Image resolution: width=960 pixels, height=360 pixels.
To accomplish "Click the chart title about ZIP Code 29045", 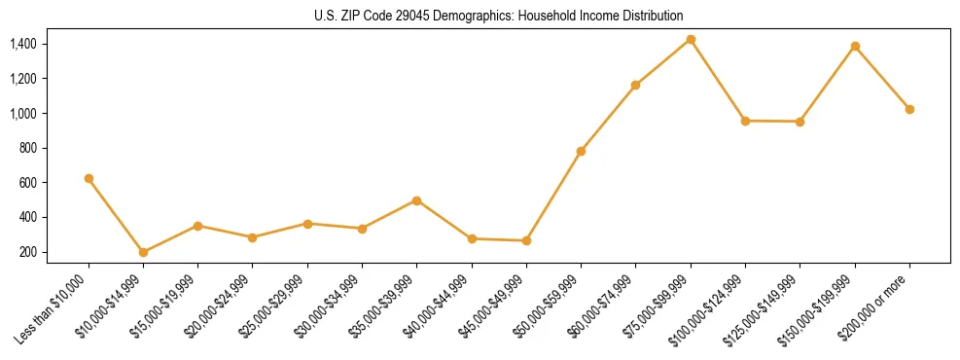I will tap(499, 16).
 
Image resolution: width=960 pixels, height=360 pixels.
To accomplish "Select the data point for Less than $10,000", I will tap(89, 178).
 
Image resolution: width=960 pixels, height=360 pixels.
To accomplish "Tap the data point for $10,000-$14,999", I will tap(143, 252).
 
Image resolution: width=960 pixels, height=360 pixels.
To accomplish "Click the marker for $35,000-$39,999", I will tap(416, 200).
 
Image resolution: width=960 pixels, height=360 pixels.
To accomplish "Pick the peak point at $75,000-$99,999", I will tap(691, 39).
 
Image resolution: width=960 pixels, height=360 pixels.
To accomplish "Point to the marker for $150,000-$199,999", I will tap(855, 46).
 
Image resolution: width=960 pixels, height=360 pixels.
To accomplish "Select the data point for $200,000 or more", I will tap(909, 109).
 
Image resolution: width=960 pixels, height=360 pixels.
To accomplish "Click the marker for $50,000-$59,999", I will tap(581, 151).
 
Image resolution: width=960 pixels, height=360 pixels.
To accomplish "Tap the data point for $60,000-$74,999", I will tap(635, 85).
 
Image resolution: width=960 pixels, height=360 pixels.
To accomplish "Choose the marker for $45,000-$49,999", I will tap(526, 240).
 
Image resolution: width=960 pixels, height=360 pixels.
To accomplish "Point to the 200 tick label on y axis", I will tap(27, 252).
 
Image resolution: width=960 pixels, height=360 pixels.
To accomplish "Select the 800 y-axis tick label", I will tap(27, 148).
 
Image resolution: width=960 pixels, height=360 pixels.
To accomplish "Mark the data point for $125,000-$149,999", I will tap(800, 122).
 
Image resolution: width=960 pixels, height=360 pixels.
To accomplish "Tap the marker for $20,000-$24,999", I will tap(252, 237).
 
